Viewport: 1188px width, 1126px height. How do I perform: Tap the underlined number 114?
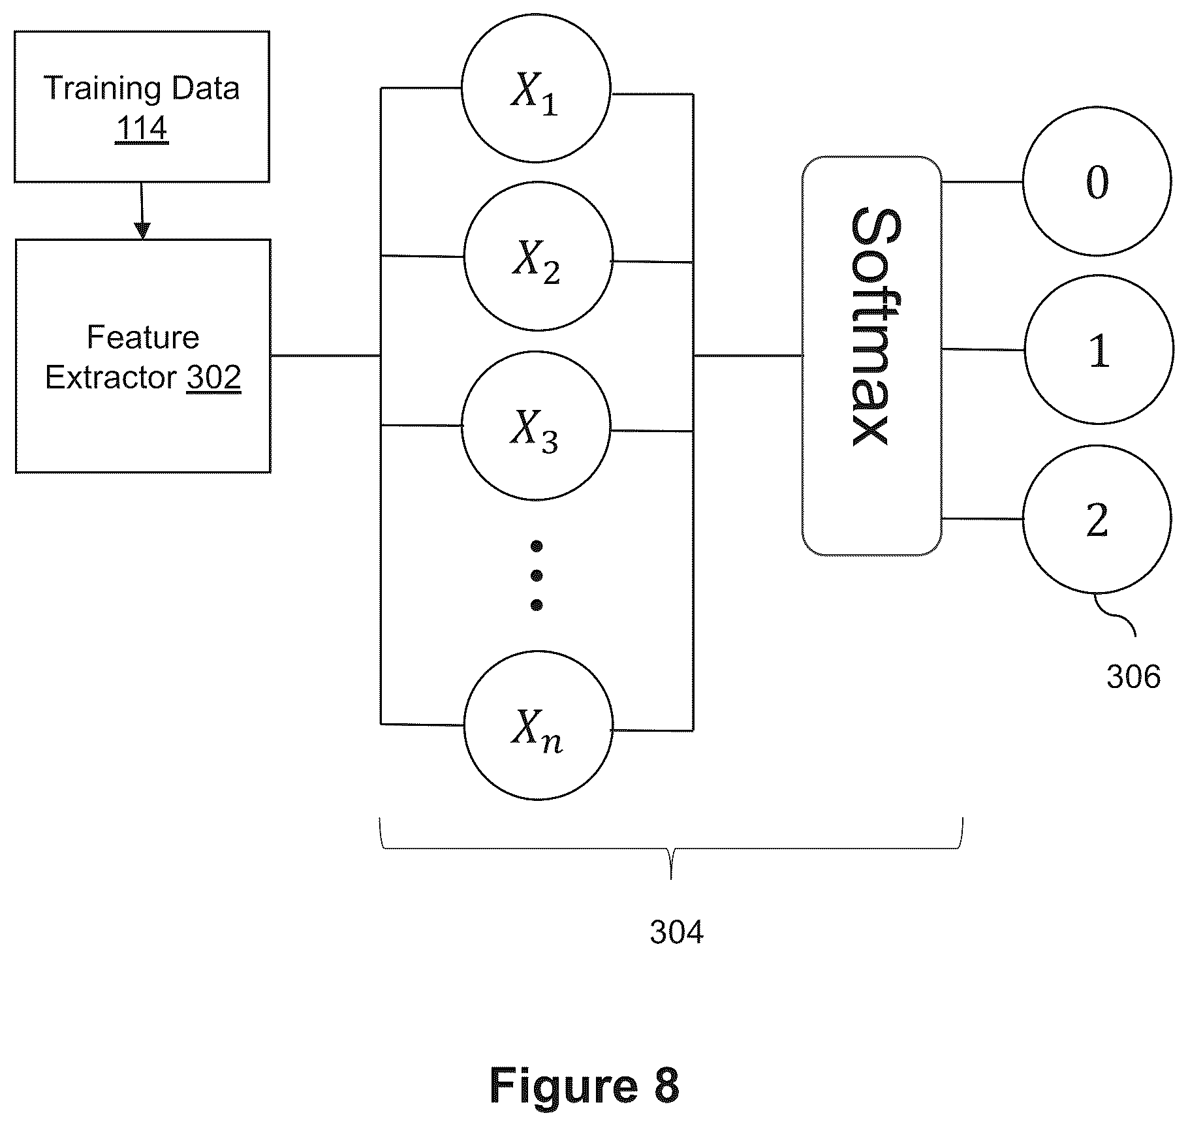click(142, 128)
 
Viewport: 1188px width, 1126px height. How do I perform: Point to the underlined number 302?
click(214, 377)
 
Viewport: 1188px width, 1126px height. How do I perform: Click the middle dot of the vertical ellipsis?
click(537, 575)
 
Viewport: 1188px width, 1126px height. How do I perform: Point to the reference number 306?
click(1133, 676)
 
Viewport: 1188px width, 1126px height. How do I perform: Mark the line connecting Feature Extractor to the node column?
click(326, 356)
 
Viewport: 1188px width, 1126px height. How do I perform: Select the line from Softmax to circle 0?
click(982, 181)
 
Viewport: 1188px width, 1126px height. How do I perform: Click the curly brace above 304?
click(671, 849)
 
